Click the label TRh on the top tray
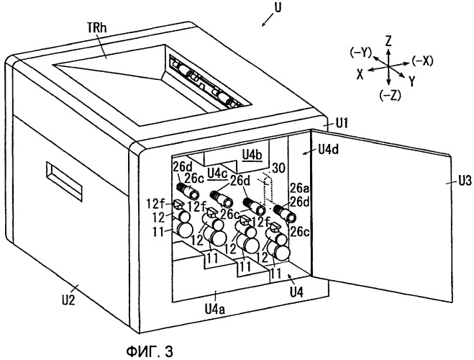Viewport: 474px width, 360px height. (x=96, y=28)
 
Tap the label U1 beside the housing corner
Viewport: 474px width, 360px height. (x=341, y=123)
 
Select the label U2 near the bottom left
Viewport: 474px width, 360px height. (x=68, y=300)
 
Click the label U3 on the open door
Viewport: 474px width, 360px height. (x=465, y=181)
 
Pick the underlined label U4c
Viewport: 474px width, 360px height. (x=218, y=174)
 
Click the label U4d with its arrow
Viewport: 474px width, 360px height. (x=328, y=149)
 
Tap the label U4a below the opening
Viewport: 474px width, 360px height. (x=214, y=309)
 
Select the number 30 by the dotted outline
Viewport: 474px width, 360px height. (x=278, y=168)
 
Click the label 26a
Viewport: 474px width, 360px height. (x=299, y=188)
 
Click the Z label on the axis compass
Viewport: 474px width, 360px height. (x=388, y=40)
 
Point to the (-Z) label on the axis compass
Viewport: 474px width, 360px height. (x=390, y=95)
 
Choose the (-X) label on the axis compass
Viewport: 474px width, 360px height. (x=422, y=61)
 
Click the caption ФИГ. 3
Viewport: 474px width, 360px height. (x=150, y=351)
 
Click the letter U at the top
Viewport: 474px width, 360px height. (x=278, y=7)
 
